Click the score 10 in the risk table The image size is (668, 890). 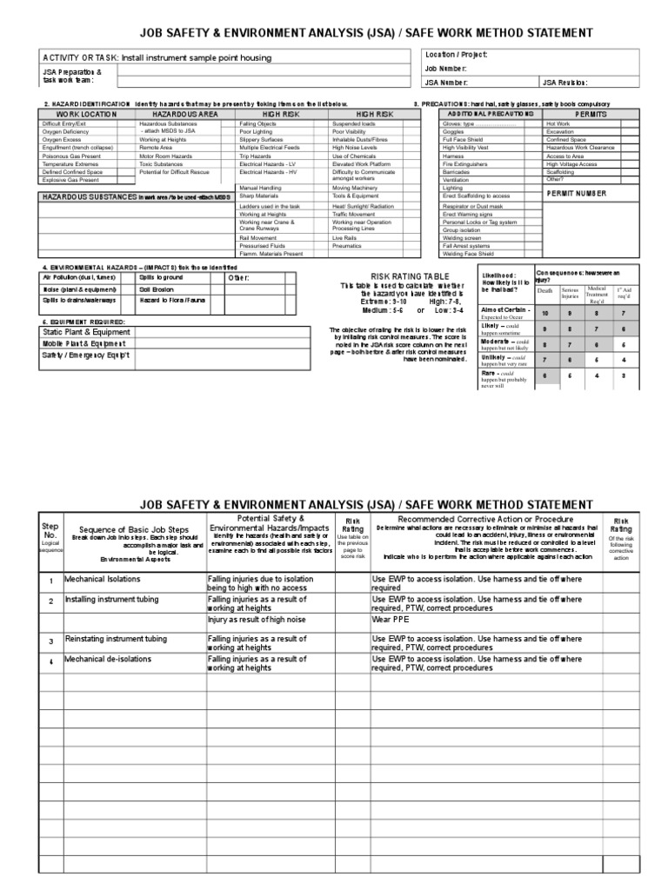pos(545,313)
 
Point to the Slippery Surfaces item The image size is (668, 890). pos(264,140)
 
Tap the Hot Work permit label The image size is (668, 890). pos(558,124)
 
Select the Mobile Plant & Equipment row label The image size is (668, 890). pos(78,343)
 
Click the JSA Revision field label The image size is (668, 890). pos(564,83)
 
